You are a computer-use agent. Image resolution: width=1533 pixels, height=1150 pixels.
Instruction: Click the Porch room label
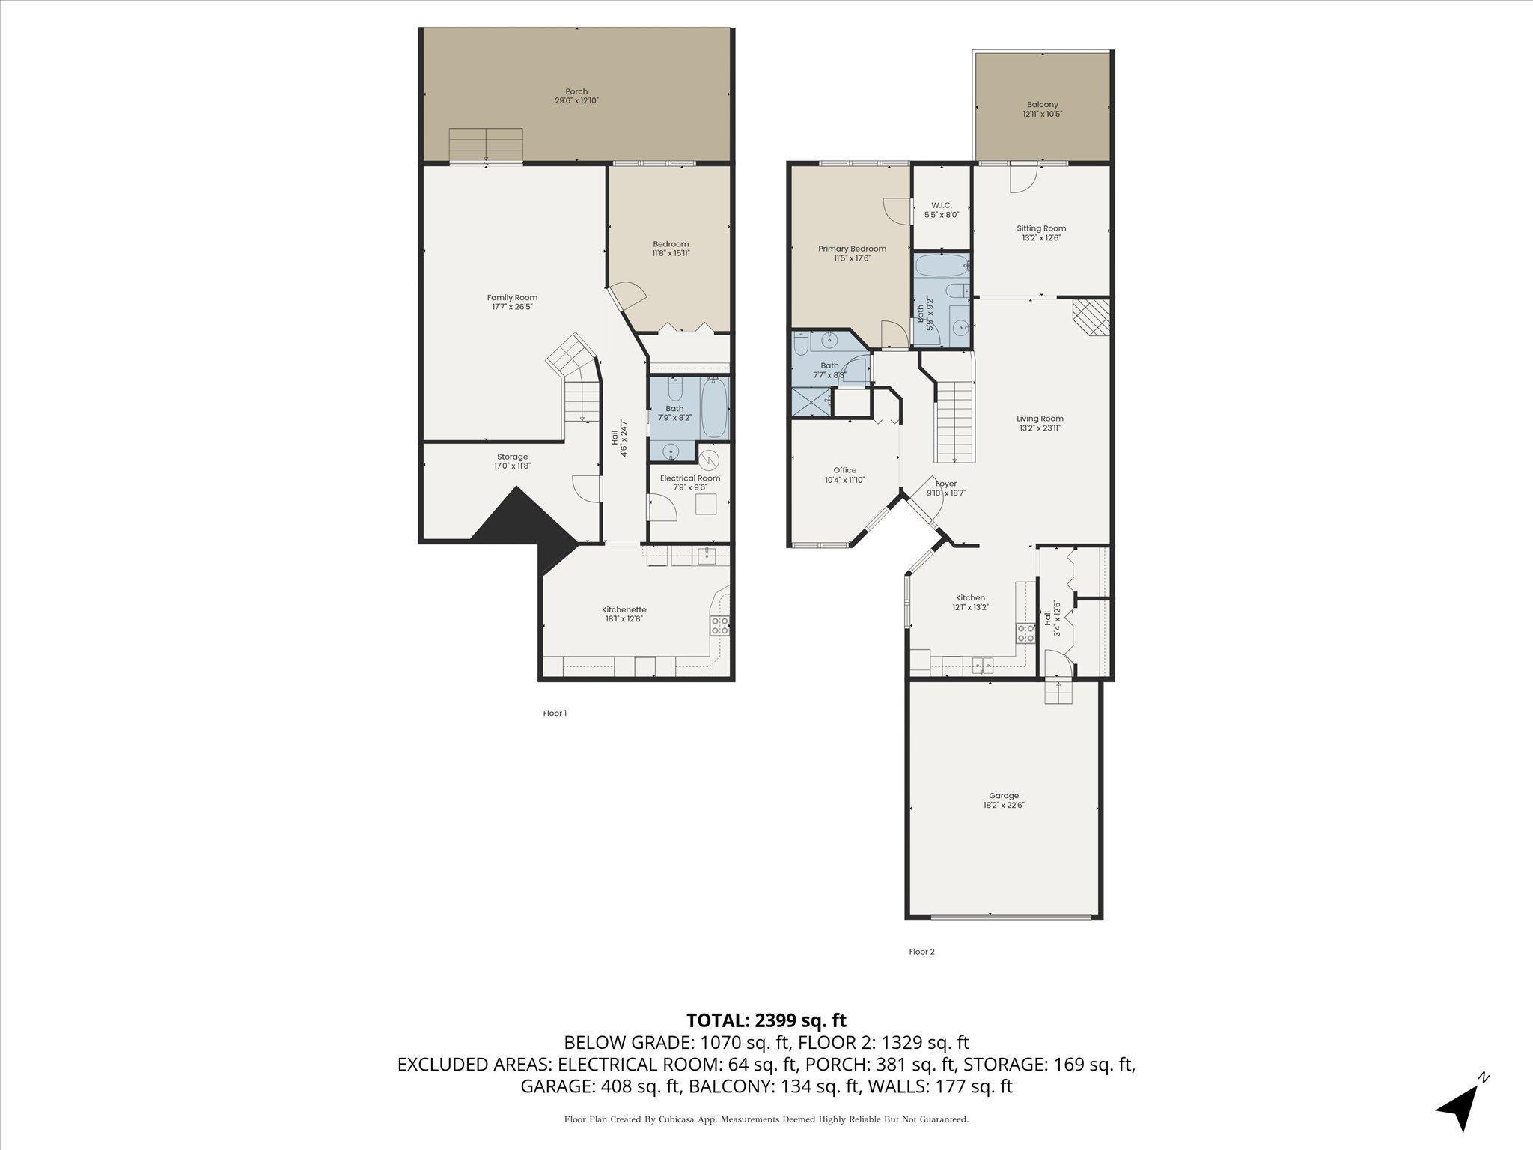(x=576, y=96)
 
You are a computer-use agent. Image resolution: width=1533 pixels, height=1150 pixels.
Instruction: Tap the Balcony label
(x=1043, y=109)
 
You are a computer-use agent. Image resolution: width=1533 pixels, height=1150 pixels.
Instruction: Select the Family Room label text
(x=512, y=302)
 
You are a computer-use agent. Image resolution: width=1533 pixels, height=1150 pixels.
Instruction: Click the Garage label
(x=1004, y=800)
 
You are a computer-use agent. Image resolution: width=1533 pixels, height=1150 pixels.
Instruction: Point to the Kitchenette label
(x=624, y=614)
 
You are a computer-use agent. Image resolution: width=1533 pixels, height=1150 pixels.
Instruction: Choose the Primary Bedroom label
(x=852, y=253)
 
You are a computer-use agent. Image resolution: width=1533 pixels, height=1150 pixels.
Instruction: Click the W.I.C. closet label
(x=941, y=210)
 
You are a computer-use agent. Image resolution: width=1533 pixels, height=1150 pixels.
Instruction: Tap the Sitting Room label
(x=1041, y=233)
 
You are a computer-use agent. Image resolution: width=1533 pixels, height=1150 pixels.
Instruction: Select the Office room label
(x=845, y=475)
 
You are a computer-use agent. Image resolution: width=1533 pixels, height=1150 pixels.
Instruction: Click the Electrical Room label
(x=690, y=482)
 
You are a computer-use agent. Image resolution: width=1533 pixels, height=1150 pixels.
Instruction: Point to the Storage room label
(x=513, y=461)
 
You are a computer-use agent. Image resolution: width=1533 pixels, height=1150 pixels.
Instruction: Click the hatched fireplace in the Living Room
(x=1091, y=318)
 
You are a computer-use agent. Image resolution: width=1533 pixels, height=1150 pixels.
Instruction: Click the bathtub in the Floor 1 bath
(x=715, y=409)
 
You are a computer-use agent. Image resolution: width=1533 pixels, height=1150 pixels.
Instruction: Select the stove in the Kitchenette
(x=719, y=625)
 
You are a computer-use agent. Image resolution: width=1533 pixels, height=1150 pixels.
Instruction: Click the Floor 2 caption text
(x=921, y=952)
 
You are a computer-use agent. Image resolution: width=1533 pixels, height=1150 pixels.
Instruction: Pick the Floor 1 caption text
(x=555, y=713)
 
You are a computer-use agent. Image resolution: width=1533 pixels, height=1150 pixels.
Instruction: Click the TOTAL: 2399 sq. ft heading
(x=766, y=1020)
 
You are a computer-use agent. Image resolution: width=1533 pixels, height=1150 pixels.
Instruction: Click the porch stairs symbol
(x=486, y=144)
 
